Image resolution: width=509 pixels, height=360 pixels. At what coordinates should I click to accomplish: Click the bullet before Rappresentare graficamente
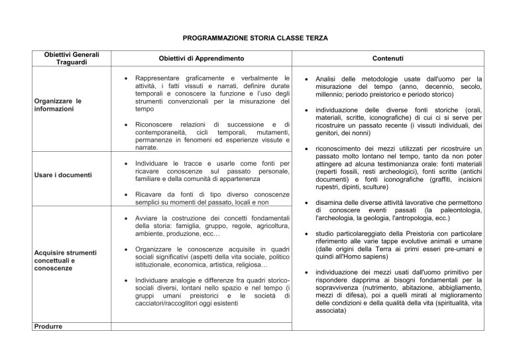click(x=125, y=78)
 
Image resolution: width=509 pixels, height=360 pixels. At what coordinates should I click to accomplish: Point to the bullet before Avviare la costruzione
click(x=125, y=218)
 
